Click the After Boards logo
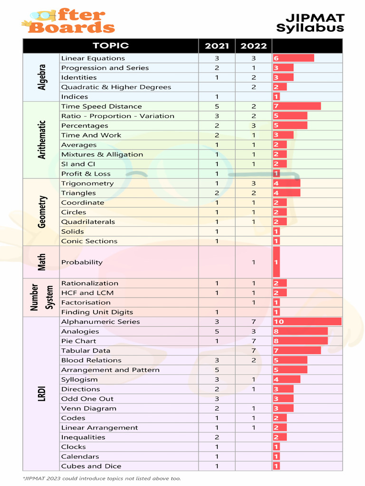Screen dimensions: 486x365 68,21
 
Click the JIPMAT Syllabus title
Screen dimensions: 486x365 310,23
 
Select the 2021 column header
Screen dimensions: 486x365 217,46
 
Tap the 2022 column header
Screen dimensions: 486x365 253,46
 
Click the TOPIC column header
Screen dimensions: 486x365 111,46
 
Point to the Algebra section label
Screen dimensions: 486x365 42,77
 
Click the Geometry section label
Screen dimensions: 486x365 42,212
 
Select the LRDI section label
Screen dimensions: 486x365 42,393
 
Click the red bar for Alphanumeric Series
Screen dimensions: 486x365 307,322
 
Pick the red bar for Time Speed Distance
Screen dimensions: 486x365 297,106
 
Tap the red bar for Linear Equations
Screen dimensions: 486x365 293,58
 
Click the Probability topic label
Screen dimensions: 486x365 82,262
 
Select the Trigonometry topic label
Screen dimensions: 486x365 87,183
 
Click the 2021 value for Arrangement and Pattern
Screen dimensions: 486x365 217,370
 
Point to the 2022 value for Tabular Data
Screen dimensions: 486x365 253,351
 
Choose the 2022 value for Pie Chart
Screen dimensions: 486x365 253,341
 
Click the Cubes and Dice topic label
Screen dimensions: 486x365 91,466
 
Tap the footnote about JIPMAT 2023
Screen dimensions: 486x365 102,478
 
